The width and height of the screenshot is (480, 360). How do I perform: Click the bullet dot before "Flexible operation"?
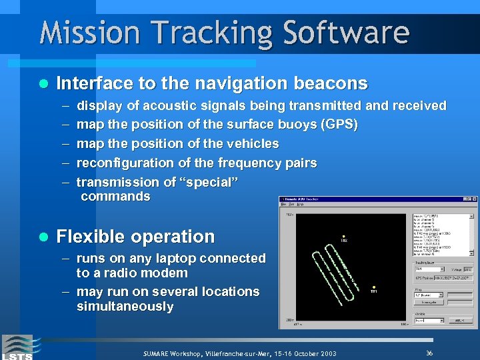pos(43,237)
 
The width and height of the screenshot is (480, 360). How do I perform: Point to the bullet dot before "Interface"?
pos(43,84)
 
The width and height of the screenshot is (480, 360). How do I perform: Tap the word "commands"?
pos(115,196)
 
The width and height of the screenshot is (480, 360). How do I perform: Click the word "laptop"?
pos(168,258)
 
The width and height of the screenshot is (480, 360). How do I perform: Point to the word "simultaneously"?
pos(125,307)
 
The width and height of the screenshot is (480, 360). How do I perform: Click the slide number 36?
pos(429,352)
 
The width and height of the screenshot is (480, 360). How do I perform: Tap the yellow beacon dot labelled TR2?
pos(343,237)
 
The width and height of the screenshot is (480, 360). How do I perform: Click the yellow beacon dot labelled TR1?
pos(374,287)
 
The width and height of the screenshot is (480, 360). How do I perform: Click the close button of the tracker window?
pos(475,199)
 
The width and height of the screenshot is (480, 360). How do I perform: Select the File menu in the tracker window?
pos(283,205)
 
